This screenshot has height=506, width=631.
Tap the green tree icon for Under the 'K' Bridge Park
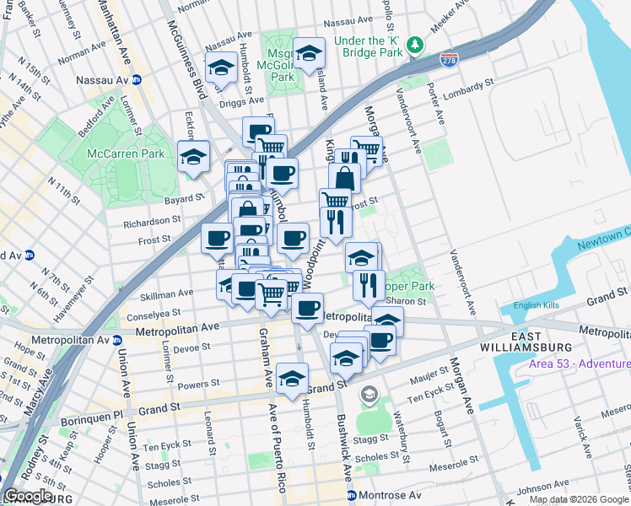414,45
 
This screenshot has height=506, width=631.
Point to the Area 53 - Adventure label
579,363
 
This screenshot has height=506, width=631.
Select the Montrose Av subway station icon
352,495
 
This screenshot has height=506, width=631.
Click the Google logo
28,496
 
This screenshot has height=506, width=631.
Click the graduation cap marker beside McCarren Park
194,155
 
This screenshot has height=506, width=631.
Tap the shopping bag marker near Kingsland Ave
344,177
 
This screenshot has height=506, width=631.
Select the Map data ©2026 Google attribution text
579,498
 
